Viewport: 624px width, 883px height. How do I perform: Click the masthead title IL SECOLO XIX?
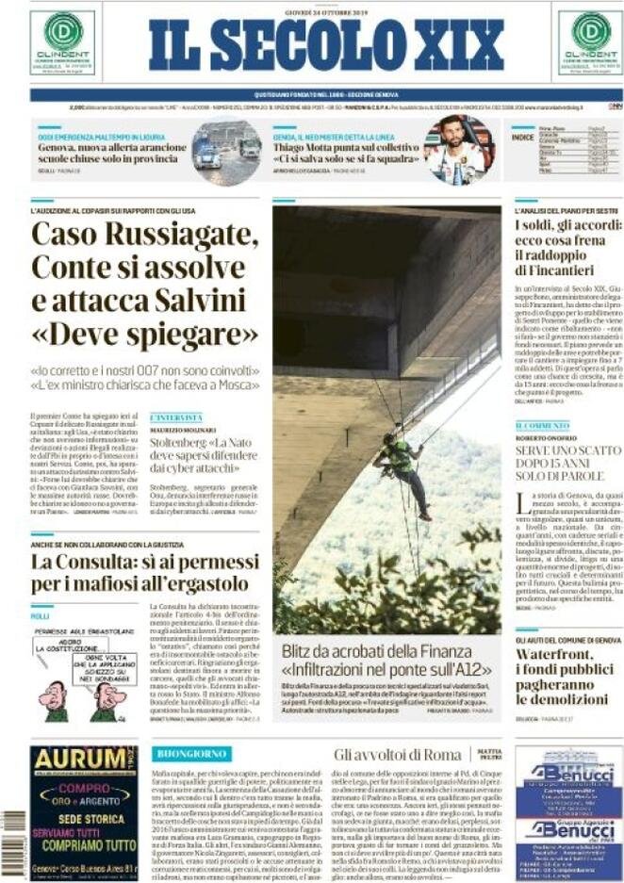[x=325, y=44]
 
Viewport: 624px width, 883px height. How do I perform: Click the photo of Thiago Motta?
[x=459, y=149]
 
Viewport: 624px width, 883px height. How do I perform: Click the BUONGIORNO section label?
[x=193, y=754]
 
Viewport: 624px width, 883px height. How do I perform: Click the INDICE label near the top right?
[x=522, y=138]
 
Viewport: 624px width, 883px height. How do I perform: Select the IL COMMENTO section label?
[x=542, y=426]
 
